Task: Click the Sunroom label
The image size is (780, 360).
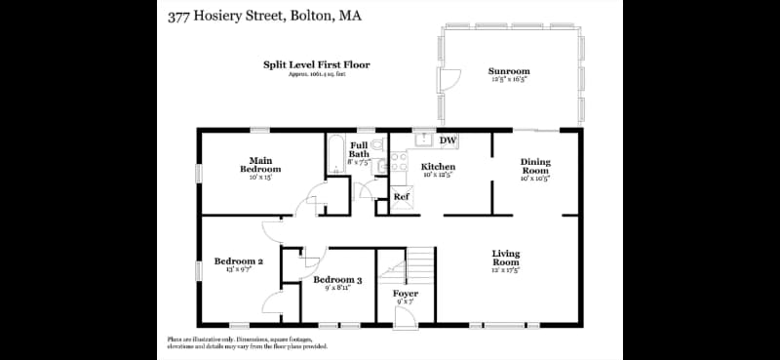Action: click(x=509, y=71)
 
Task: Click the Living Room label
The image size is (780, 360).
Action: click(x=505, y=259)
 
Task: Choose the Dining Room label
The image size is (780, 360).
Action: click(x=535, y=166)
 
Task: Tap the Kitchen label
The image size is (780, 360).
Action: click(x=438, y=167)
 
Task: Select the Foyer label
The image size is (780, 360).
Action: click(x=406, y=294)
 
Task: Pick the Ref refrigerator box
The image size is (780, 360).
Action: click(x=401, y=197)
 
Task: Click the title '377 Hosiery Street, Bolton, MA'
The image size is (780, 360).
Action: click(x=262, y=17)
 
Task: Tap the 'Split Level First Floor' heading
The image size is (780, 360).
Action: click(x=316, y=65)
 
